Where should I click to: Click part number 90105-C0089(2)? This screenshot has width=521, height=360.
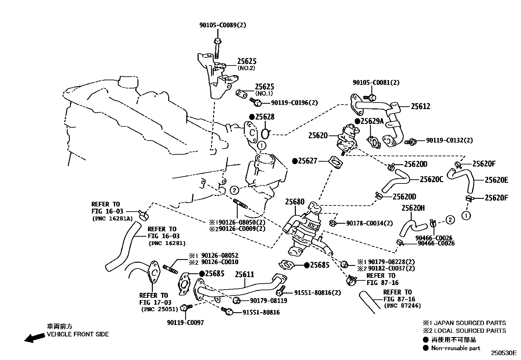coord(223,25)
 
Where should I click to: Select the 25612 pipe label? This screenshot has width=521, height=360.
coord(421,106)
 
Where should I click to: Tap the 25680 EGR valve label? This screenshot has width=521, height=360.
coord(295,202)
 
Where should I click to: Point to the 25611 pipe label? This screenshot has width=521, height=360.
coord(244,275)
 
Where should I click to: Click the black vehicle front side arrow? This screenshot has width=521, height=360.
coord(35,338)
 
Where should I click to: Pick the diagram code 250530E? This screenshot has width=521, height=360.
coord(503,353)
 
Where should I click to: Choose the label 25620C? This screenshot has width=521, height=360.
coord(432,180)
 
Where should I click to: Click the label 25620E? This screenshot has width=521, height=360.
coord(496,180)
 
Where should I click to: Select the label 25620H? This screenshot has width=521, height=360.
coord(413,208)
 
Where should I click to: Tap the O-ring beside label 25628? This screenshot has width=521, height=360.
coord(266,134)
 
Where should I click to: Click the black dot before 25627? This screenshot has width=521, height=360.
coord(295,161)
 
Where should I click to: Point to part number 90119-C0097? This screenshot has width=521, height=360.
coord(185,323)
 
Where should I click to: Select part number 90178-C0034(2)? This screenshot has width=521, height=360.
coord(369,223)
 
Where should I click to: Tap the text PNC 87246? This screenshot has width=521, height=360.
coord(403,306)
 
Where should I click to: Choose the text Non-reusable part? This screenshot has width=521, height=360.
coord(456,348)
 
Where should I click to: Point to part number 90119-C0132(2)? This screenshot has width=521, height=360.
coord(449,140)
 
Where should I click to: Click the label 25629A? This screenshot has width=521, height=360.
coord(372,121)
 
